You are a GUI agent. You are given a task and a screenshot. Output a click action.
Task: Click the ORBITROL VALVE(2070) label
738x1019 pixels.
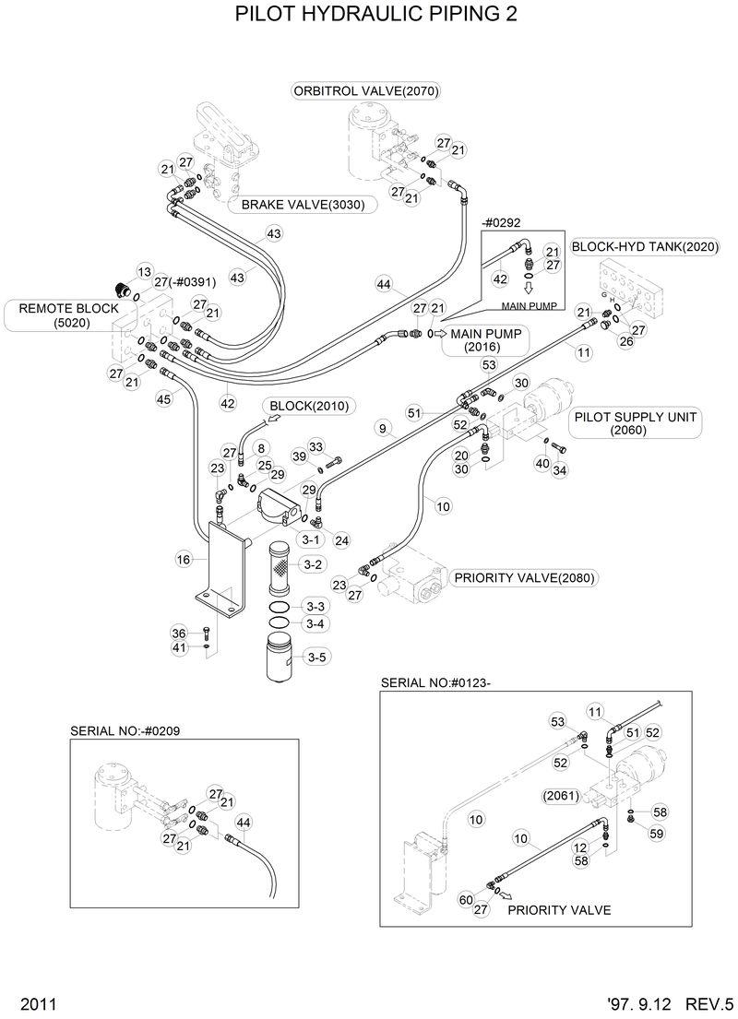[365, 90]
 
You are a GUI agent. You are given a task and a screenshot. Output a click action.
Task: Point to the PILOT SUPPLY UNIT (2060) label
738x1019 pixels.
[635, 423]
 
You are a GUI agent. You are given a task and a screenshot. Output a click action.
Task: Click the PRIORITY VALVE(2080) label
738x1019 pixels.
[523, 578]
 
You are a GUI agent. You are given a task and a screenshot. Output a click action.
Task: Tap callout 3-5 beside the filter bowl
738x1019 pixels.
[315, 657]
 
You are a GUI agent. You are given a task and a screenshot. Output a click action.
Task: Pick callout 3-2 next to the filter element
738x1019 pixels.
[312, 563]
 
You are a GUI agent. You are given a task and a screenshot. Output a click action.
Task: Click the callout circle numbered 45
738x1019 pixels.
[163, 398]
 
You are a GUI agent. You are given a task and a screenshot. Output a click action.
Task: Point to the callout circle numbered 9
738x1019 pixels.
[382, 429]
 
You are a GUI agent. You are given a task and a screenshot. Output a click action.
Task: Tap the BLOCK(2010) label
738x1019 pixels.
[299, 405]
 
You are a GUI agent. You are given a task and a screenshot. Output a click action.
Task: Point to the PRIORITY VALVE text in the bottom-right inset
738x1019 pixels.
[559, 909]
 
